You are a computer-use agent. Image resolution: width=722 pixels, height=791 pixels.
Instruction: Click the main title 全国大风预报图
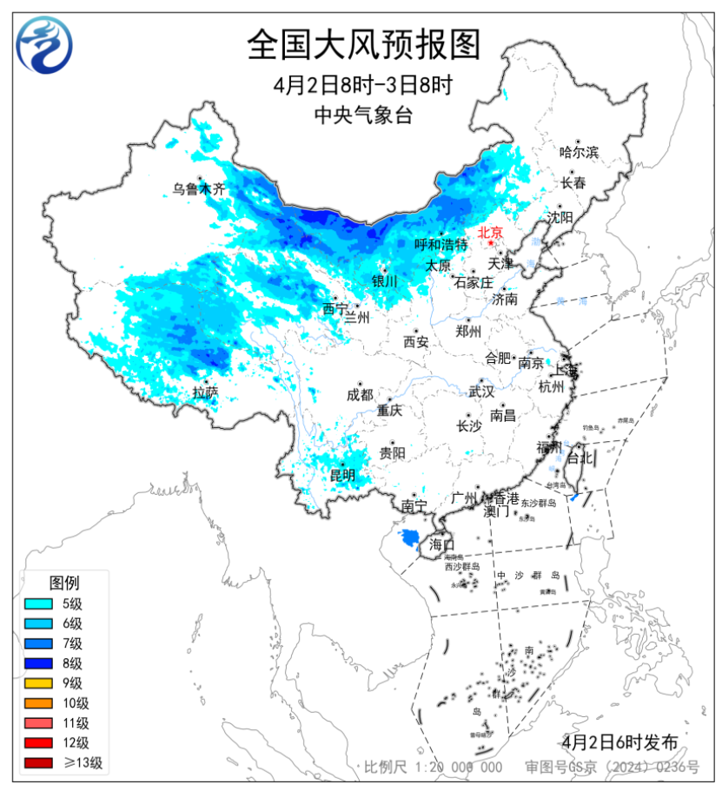pyautogui.click(x=363, y=43)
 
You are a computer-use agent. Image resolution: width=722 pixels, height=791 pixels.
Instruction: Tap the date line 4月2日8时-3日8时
pyautogui.click(x=363, y=85)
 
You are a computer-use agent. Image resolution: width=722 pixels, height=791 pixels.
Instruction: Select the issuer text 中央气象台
pyautogui.click(x=363, y=115)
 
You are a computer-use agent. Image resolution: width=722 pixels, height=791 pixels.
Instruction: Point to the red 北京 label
pyautogui.click(x=491, y=232)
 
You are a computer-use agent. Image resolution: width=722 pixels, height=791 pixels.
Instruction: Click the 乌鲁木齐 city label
pyautogui.click(x=198, y=188)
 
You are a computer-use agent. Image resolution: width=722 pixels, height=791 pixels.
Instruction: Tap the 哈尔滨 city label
pyautogui.click(x=579, y=152)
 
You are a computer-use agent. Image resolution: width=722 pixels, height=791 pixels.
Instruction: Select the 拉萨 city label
pyautogui.click(x=206, y=392)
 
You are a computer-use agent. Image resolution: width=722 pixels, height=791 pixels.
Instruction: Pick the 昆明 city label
pyautogui.click(x=341, y=475)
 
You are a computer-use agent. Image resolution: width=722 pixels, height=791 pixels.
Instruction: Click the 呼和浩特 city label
pyautogui.click(x=440, y=245)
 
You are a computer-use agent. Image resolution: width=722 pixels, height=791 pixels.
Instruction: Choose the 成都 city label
pyautogui.click(x=360, y=394)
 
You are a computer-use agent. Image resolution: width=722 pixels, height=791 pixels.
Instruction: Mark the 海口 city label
pyautogui.click(x=441, y=544)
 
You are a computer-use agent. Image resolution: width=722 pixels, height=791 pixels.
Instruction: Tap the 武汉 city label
pyautogui.click(x=480, y=392)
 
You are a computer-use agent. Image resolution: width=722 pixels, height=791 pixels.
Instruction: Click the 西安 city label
pyautogui.click(x=415, y=342)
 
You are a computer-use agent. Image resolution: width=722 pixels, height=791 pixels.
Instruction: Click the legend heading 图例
pyautogui.click(x=64, y=581)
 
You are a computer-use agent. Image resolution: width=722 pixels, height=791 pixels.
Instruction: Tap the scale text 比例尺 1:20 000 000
pyautogui.click(x=433, y=767)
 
